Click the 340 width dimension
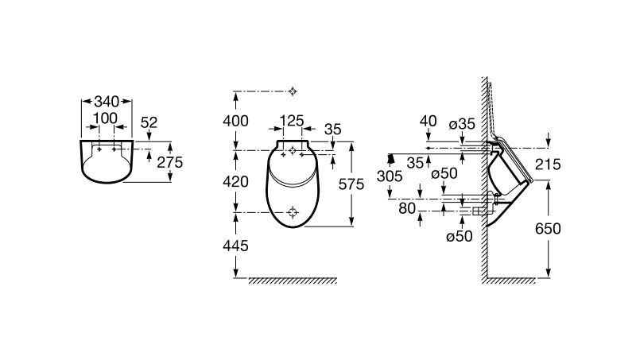[106, 102]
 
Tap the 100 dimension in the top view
[105, 118]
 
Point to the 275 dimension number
[170, 161]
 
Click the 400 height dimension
[236, 121]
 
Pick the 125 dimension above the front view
[293, 122]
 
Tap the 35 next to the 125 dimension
[333, 129]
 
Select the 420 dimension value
[236, 181]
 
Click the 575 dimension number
[351, 184]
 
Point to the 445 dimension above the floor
[236, 246]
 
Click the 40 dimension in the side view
[428, 121]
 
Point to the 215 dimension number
[548, 165]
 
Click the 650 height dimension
[548, 229]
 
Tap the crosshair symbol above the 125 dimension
[293, 91]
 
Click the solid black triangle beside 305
[390, 157]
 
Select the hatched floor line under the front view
[292, 281]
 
